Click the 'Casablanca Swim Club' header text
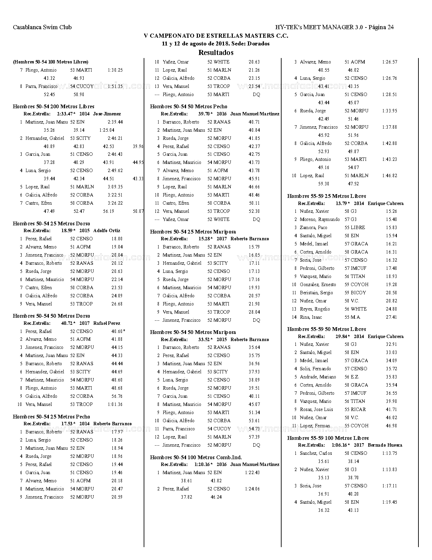click(x=42, y=27)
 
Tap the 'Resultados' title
click(x=216, y=53)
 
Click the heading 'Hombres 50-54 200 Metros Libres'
click(x=54, y=107)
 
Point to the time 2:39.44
click(x=115, y=122)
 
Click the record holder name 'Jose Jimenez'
click(x=107, y=114)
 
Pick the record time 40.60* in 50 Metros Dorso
click(x=118, y=331)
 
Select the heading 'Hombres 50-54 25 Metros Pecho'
click(x=52, y=417)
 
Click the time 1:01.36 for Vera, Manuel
click(x=115, y=404)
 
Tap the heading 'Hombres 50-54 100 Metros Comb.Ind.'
click(x=196, y=458)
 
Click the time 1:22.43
click(x=252, y=472)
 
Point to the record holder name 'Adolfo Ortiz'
click(x=107, y=230)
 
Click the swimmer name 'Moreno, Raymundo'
click(x=320, y=219)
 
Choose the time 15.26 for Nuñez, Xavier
click(x=391, y=211)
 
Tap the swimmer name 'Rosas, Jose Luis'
click(x=316, y=409)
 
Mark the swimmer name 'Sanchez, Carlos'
click(x=316, y=453)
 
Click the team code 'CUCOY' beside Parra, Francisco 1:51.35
click(x=85, y=86)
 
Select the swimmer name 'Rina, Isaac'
click(x=311, y=317)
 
